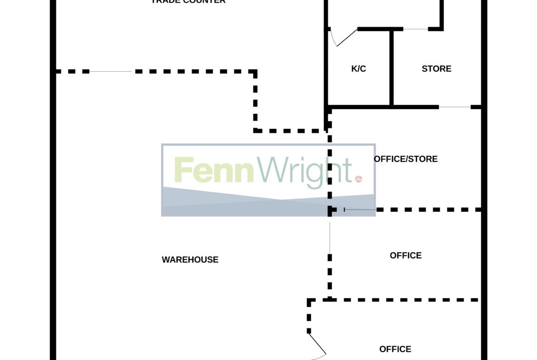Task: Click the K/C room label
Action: [x=358, y=69]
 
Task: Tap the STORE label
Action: [x=436, y=69]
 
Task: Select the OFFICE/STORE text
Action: [x=406, y=159]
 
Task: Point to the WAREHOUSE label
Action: [x=190, y=260]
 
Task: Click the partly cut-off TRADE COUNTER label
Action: [x=188, y=2]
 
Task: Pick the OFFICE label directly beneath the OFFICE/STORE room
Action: [x=406, y=255]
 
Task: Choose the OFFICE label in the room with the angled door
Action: [x=395, y=349]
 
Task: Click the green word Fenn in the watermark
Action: [x=214, y=171]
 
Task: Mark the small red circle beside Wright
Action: [x=358, y=179]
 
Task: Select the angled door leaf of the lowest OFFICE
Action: [x=317, y=344]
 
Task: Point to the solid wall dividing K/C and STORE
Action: [x=392, y=68]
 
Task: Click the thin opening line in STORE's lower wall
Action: [x=454, y=107]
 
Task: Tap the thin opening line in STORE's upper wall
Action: [x=415, y=29]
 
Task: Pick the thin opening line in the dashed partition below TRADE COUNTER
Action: [x=110, y=72]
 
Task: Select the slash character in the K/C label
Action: [x=358, y=69]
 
